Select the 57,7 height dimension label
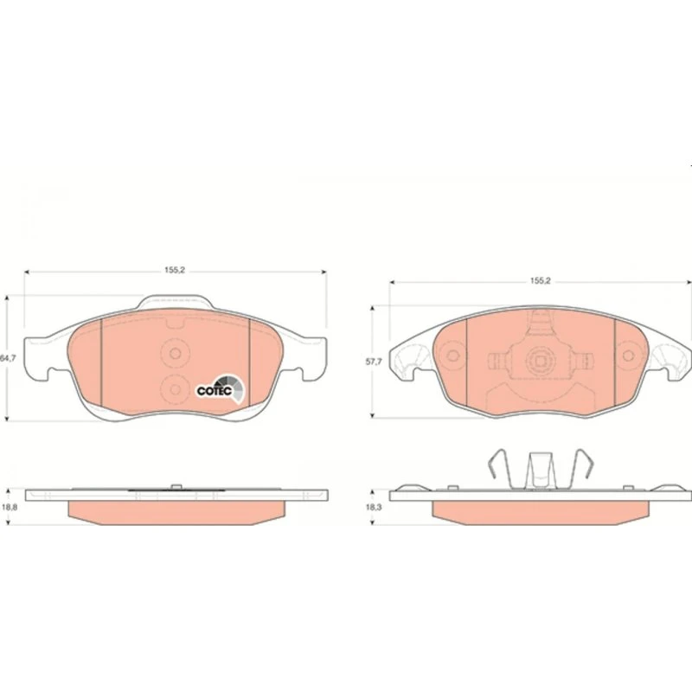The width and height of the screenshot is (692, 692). pos(374,362)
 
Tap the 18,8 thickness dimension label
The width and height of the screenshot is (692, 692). pos(10,507)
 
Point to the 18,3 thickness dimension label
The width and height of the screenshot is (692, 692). pos(374,508)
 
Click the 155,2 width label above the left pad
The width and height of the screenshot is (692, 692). pos(176,270)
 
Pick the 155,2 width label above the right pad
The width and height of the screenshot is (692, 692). pos(540,281)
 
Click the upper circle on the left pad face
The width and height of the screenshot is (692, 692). pos(176,354)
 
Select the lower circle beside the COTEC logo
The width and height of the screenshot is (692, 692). pos(176,389)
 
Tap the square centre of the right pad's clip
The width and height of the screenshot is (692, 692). pos(541,361)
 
